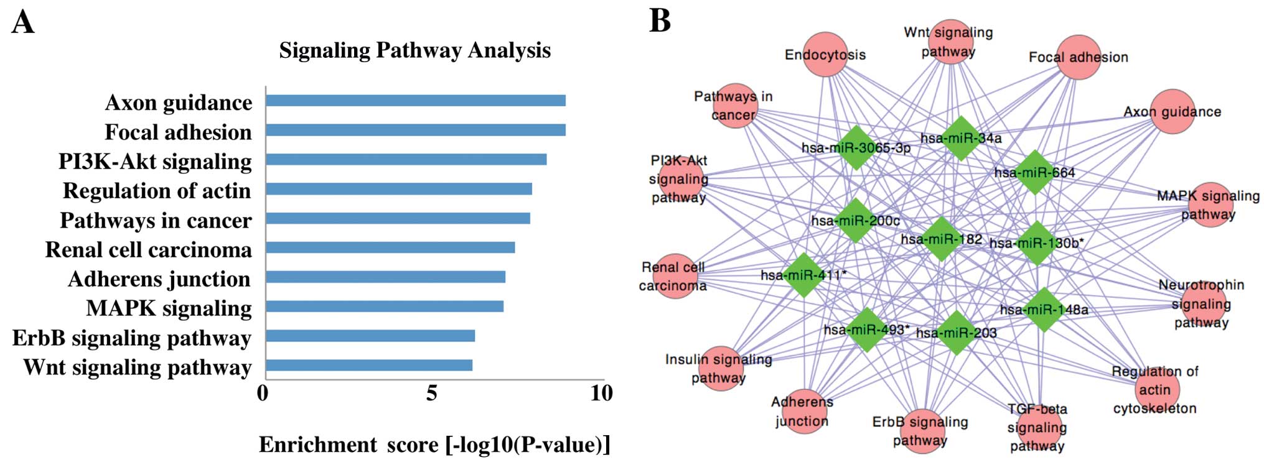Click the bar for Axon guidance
click(x=415, y=101)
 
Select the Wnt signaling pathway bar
click(x=368, y=365)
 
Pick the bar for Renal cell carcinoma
click(x=390, y=247)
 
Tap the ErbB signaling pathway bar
click(x=370, y=336)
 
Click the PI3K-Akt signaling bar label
click(x=155, y=162)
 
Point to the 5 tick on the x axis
click(x=432, y=394)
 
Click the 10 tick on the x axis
click(x=601, y=394)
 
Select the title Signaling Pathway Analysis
click(x=414, y=50)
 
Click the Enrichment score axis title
click(x=434, y=445)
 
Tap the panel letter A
click(x=23, y=22)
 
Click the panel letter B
click(x=660, y=21)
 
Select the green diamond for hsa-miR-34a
click(x=961, y=138)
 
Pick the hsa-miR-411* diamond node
click(x=804, y=275)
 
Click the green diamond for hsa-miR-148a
click(x=1044, y=309)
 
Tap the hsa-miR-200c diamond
click(x=856, y=221)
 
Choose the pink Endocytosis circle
click(x=825, y=55)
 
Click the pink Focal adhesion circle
click(x=1079, y=57)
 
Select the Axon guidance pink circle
click(x=1173, y=112)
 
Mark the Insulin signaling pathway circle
click(x=719, y=369)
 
